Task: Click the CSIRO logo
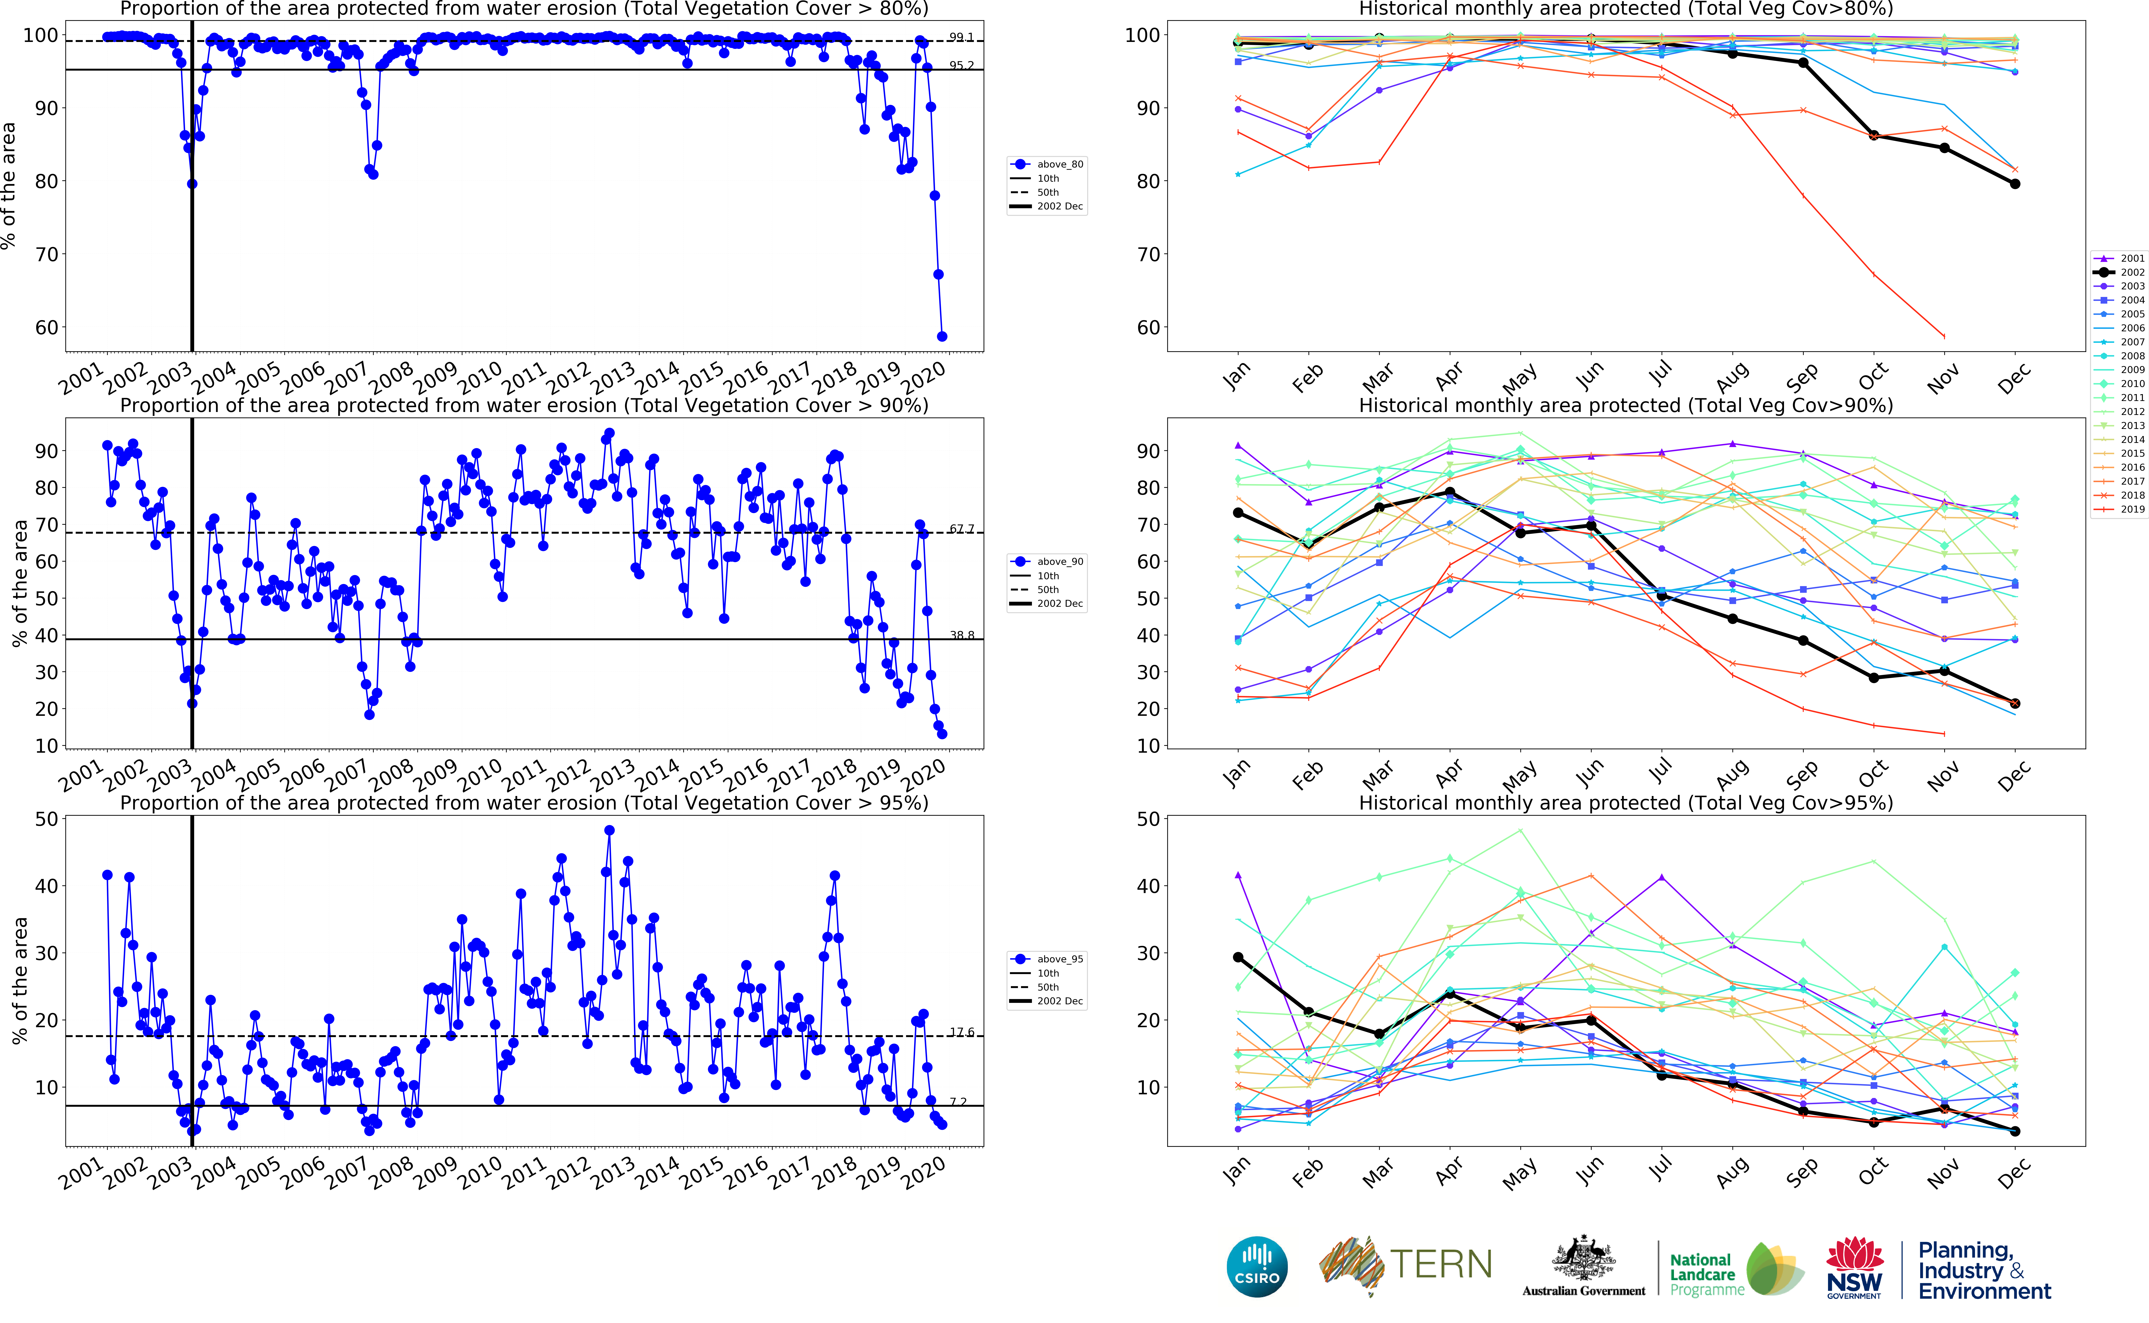coord(1257,1266)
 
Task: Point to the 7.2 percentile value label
coord(959,1102)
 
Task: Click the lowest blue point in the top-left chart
coord(942,336)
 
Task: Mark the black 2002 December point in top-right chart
coord(2015,184)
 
